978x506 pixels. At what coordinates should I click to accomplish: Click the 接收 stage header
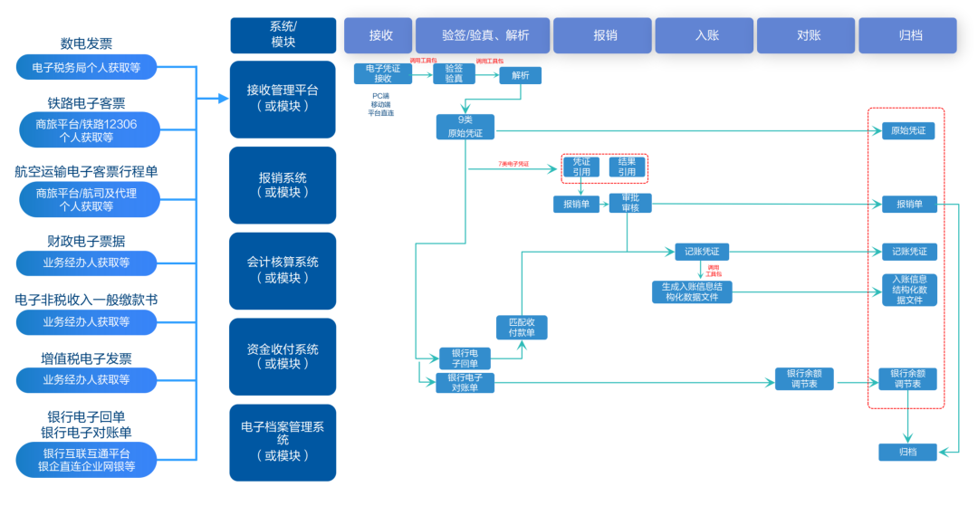click(378, 35)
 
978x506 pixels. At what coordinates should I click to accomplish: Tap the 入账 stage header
click(706, 35)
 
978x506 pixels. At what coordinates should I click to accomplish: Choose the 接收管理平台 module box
click(283, 99)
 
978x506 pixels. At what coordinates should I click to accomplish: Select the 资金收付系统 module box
click(283, 357)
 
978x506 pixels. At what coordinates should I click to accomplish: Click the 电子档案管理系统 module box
click(283, 442)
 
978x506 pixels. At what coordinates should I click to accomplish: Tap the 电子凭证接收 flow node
click(382, 73)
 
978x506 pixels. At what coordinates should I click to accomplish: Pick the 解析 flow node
click(520, 76)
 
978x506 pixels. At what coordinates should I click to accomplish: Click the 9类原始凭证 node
click(465, 127)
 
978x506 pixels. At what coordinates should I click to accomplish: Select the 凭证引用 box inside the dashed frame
click(580, 167)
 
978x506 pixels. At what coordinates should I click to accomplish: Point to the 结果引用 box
click(627, 167)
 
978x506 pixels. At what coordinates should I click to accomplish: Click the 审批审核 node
click(629, 204)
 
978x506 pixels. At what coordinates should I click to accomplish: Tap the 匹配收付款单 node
click(522, 328)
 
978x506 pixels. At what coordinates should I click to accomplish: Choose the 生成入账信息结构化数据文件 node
click(691, 291)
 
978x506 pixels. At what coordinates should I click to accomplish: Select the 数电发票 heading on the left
click(87, 43)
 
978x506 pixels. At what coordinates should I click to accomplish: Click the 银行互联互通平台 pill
click(87, 460)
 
